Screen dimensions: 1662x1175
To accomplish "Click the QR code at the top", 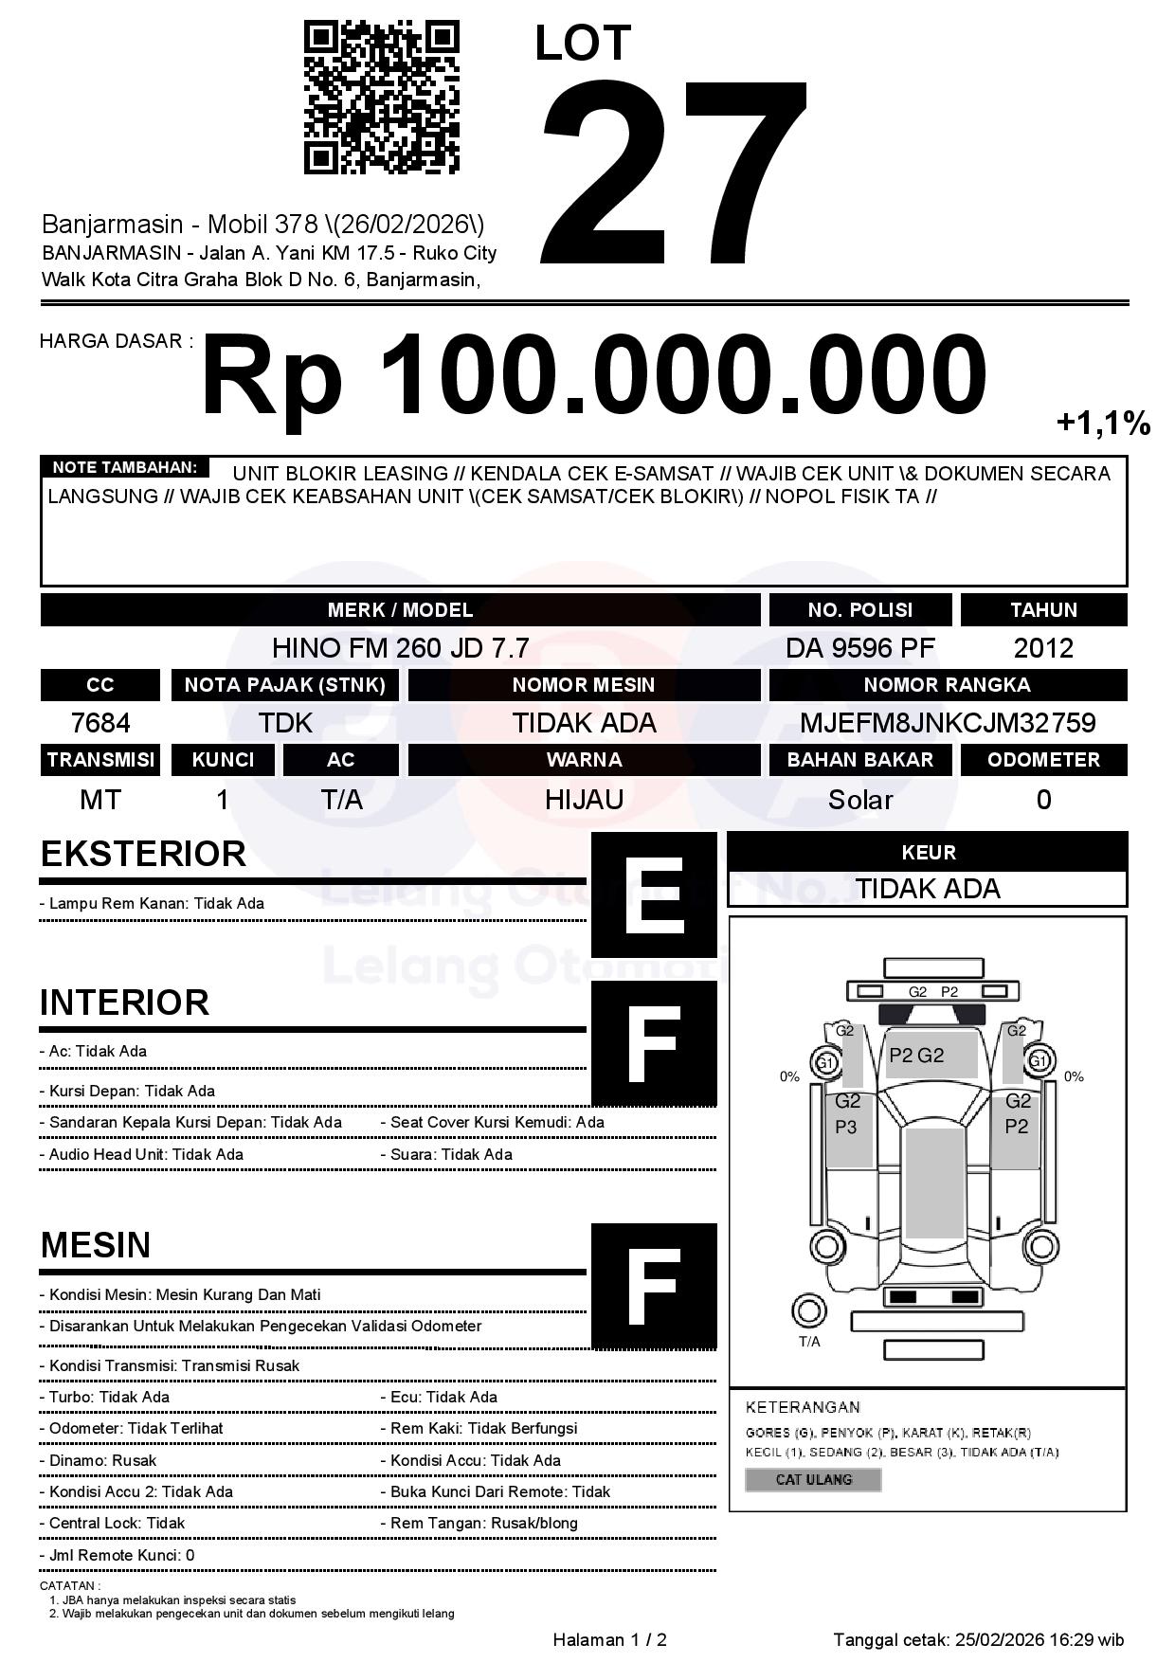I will coord(381,99).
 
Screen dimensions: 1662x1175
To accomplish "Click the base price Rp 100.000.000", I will coord(594,375).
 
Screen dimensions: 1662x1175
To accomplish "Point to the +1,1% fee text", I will coord(1103,424).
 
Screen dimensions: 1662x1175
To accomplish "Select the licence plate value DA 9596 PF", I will coord(859,648).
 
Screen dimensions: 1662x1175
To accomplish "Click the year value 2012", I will coord(1043,648).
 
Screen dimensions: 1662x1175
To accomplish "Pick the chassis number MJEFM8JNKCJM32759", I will coord(948,723).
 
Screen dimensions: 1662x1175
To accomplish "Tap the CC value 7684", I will coord(100,723).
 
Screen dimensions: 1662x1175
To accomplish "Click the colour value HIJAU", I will coord(584,800).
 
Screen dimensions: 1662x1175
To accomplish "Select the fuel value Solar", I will coord(859,800).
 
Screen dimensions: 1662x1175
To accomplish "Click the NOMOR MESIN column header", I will coord(584,685).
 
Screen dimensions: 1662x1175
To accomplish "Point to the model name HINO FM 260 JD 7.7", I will coord(400,648).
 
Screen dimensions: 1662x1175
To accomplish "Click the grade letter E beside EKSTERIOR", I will coord(654,894).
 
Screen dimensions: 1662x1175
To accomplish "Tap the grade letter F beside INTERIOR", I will coord(654,1043).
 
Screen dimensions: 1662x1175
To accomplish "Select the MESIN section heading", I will coord(96,1245).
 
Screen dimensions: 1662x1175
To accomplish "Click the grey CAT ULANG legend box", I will coord(813,1479).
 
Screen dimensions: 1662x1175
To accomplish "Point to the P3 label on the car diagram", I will coord(845,1127).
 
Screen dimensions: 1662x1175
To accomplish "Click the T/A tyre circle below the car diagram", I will coord(808,1311).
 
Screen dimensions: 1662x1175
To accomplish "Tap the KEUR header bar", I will coord(928,852).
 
